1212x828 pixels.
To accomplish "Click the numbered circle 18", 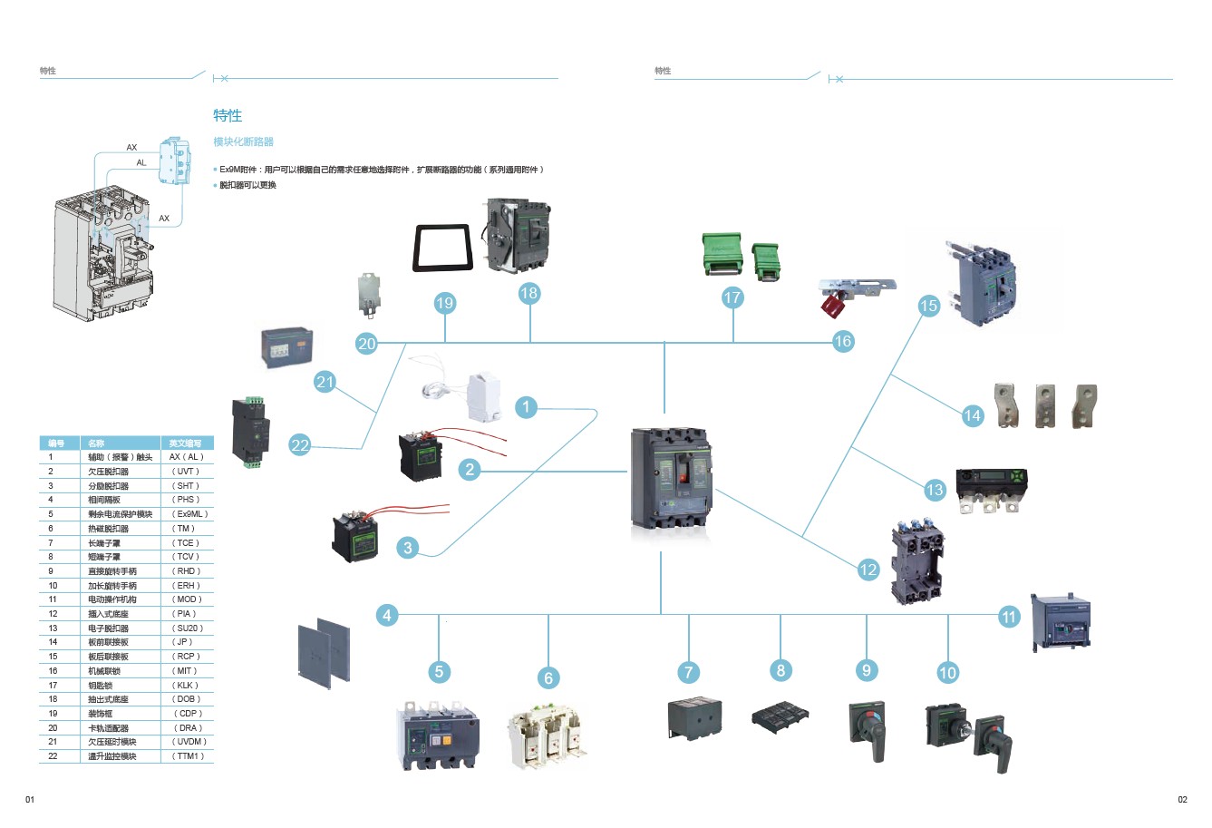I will (529, 293).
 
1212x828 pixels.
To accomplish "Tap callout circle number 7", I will (689, 672).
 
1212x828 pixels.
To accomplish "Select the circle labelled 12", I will (868, 570).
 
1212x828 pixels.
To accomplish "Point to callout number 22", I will (300, 444).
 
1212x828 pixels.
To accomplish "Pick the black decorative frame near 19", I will (444, 248).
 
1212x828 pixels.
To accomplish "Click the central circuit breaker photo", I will (672, 479).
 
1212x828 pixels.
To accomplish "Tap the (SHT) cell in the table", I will (186, 486).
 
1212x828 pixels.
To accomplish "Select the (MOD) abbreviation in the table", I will (186, 599).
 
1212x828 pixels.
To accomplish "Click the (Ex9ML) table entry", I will (189, 514).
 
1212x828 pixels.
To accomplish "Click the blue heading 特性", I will (228, 116).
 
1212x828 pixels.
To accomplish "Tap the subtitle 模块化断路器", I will (243, 142).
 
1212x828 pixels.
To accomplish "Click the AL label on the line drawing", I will (141, 163).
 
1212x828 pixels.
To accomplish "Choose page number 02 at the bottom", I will (1182, 799).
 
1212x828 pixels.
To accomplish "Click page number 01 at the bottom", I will (29, 799).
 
